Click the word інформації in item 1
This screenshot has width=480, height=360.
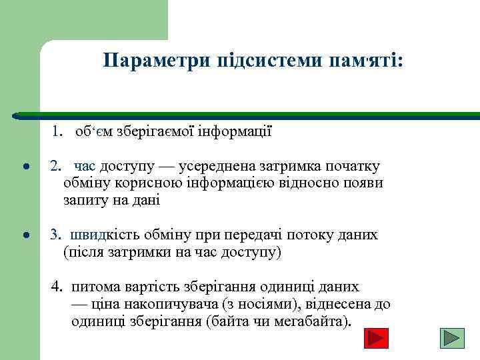point(232,132)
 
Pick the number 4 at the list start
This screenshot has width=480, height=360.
point(57,287)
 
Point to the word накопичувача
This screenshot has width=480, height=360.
point(178,305)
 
